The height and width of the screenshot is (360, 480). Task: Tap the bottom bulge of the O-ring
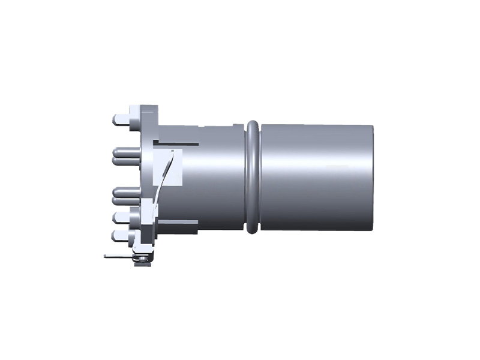pyautogui.click(x=253, y=229)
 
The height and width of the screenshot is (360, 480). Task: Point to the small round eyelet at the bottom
pyautogui.click(x=143, y=259)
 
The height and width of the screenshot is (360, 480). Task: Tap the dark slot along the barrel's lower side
pyautogui.click(x=180, y=222)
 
